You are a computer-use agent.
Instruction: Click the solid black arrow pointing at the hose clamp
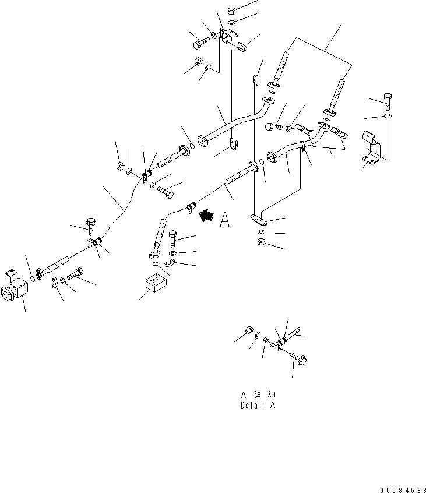[205, 216]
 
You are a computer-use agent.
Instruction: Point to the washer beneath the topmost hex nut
[231, 22]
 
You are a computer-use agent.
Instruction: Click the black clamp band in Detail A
[281, 342]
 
